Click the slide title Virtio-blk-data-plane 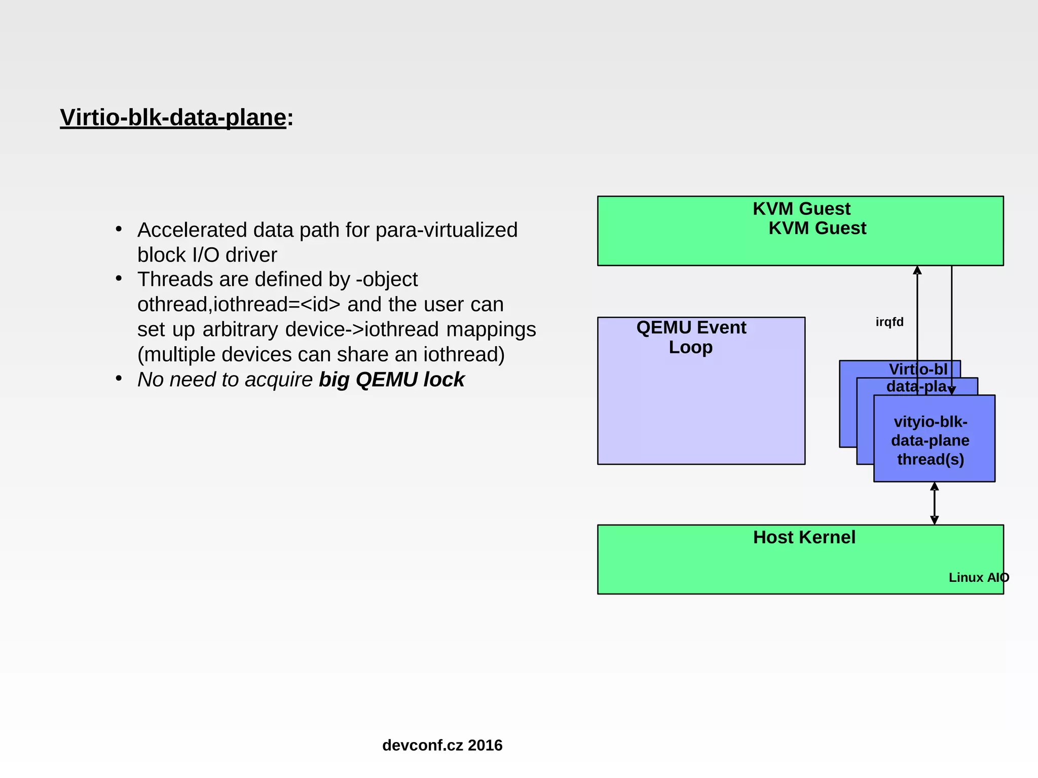tap(173, 118)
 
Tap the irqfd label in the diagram tap(889, 322)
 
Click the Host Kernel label tap(804, 537)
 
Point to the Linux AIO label tap(978, 577)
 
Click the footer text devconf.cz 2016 tap(442, 745)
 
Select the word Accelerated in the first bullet tap(192, 230)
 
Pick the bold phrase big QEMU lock tap(391, 380)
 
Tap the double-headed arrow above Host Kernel tap(935, 503)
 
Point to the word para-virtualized tap(447, 230)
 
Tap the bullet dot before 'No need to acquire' tap(119, 379)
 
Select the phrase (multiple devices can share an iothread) tap(321, 354)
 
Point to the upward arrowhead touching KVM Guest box tap(917, 270)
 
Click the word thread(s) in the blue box tap(931, 459)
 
